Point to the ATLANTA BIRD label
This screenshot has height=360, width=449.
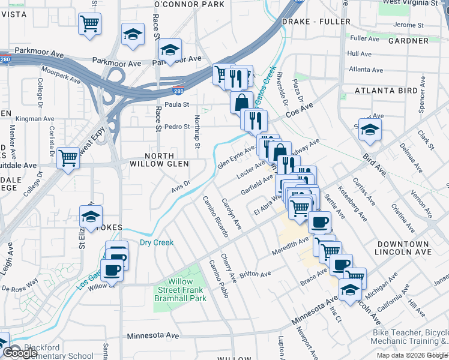pyautogui.click(x=386, y=91)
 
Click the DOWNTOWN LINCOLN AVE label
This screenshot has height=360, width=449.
pyautogui.click(x=403, y=248)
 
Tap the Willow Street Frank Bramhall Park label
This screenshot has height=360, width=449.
pyautogui.click(x=180, y=290)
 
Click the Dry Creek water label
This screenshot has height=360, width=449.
pyautogui.click(x=157, y=242)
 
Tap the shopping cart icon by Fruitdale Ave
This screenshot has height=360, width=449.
pyautogui.click(x=68, y=158)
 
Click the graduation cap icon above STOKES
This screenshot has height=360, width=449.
pyautogui.click(x=91, y=217)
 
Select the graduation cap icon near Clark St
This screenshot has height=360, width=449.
pyautogui.click(x=370, y=129)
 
